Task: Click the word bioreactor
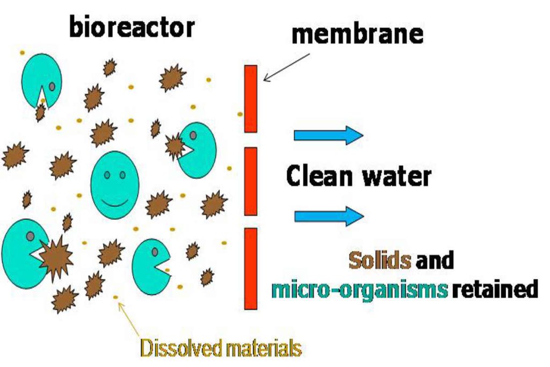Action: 131,27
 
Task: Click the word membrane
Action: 357,34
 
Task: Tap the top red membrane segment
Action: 250,98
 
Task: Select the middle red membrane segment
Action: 250,181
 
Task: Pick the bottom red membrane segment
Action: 250,268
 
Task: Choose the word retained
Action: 495,290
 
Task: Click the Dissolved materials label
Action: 221,348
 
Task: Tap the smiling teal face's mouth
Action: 115,203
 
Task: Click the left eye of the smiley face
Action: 107,175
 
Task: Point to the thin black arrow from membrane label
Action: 287,67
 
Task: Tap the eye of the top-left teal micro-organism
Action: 52,86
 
